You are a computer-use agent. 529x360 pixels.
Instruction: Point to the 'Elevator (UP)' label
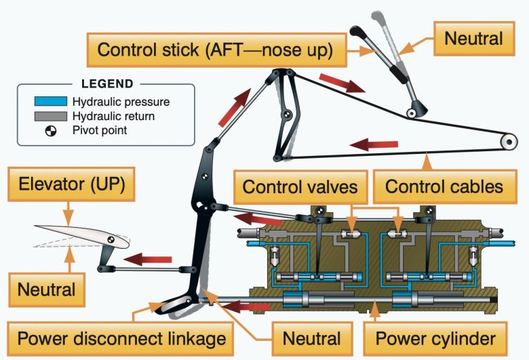pyautogui.click(x=67, y=185)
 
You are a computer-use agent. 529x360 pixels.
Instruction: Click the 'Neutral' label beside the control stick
pyautogui.click(x=473, y=38)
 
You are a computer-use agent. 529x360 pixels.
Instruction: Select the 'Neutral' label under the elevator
pyautogui.click(x=45, y=290)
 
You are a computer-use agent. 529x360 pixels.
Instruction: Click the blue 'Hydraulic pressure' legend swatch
pyautogui.click(x=50, y=102)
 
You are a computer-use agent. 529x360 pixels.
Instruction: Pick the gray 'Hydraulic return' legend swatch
pyautogui.click(x=50, y=116)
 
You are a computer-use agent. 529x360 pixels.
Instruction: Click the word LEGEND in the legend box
pyautogui.click(x=106, y=84)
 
